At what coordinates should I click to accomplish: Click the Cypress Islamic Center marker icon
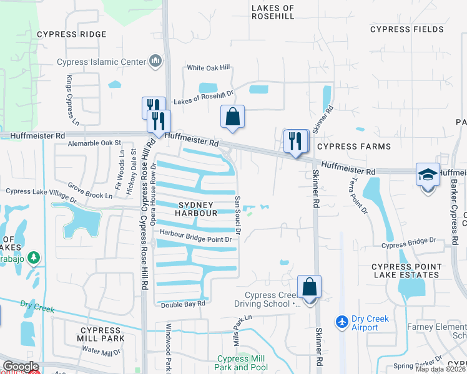tap(155, 61)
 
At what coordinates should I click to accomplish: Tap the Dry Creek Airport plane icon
tap(342, 322)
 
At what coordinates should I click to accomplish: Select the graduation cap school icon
tap(428, 175)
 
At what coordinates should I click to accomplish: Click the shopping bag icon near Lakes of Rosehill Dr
tap(232, 116)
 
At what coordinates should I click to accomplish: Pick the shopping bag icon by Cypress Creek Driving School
tap(309, 287)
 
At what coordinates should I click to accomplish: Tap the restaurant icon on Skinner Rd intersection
tap(295, 140)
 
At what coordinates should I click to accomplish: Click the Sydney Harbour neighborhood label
tap(196, 209)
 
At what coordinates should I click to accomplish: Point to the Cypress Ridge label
tap(71, 34)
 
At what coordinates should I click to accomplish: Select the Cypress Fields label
tap(407, 29)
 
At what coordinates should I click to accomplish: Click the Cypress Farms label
tap(353, 146)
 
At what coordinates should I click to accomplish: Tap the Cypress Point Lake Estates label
tap(406, 271)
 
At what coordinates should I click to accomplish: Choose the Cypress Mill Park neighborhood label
tap(100, 334)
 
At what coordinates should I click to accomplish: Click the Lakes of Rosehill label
tap(272, 12)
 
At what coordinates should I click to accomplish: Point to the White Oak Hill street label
tap(208, 67)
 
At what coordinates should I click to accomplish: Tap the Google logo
tap(21, 367)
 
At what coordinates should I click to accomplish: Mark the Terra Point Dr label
tap(360, 196)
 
